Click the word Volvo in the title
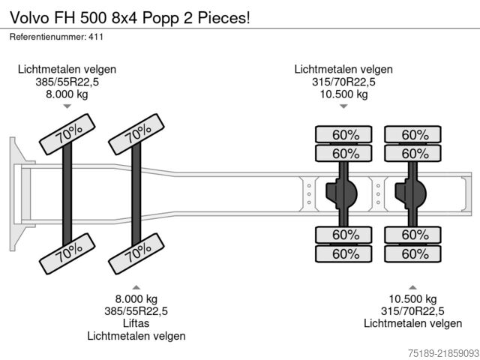(30, 18)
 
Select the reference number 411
(96, 37)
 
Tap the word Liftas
(136, 323)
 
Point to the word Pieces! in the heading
(223, 18)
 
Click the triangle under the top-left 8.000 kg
(67, 106)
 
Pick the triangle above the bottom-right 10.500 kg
(412, 287)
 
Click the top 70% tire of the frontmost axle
(67, 134)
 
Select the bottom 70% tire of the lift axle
(136, 253)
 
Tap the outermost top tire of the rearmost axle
(412, 134)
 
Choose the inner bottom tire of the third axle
(343, 235)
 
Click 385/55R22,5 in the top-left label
(67, 82)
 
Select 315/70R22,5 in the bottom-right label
(412, 311)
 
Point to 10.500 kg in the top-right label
(343, 94)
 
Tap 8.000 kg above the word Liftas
(136, 298)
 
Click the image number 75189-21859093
(443, 352)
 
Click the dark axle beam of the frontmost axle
(67, 193)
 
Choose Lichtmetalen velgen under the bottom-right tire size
(412, 323)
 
